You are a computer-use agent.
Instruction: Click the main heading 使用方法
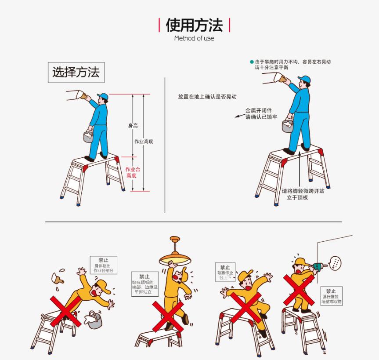click(x=194, y=25)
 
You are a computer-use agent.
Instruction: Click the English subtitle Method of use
click(x=194, y=38)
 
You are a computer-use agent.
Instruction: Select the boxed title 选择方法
click(x=76, y=73)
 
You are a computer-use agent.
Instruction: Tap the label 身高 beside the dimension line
click(x=133, y=126)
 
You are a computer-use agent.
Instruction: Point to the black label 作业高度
click(x=144, y=141)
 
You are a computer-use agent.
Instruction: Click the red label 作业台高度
click(x=132, y=172)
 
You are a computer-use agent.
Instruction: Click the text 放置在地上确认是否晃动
click(x=207, y=97)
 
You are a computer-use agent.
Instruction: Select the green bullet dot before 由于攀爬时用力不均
click(x=252, y=62)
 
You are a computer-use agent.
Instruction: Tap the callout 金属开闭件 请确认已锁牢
click(x=261, y=113)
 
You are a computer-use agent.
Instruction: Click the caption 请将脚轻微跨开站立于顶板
click(x=303, y=194)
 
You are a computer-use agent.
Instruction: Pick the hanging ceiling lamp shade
click(x=175, y=258)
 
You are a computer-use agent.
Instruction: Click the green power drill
click(x=319, y=267)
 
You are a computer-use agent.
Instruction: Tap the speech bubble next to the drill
click(x=335, y=263)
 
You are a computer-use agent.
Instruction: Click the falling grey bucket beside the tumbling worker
click(x=94, y=320)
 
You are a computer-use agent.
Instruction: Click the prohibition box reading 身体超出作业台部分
click(x=104, y=265)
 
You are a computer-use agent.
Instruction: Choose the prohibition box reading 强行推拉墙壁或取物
click(x=332, y=296)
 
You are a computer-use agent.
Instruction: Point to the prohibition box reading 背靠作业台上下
click(x=225, y=272)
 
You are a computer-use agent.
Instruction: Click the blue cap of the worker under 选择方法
click(x=103, y=96)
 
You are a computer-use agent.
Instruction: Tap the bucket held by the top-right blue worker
click(x=288, y=126)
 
